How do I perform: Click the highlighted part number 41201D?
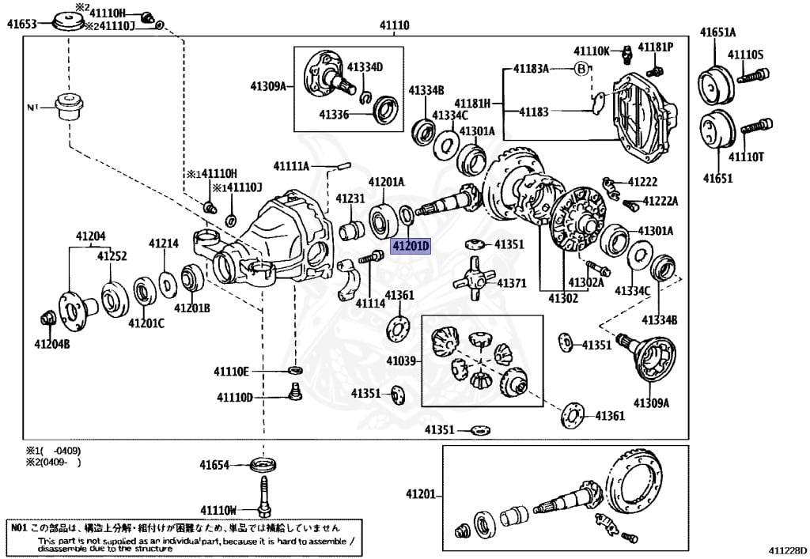click(x=411, y=246)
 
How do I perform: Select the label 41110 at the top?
click(x=394, y=26)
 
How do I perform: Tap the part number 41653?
click(x=22, y=25)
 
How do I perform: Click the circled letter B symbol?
click(x=581, y=69)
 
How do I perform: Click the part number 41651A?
click(x=717, y=32)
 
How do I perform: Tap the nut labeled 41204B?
click(x=46, y=319)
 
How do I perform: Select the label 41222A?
click(x=660, y=202)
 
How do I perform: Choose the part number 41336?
click(x=334, y=115)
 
